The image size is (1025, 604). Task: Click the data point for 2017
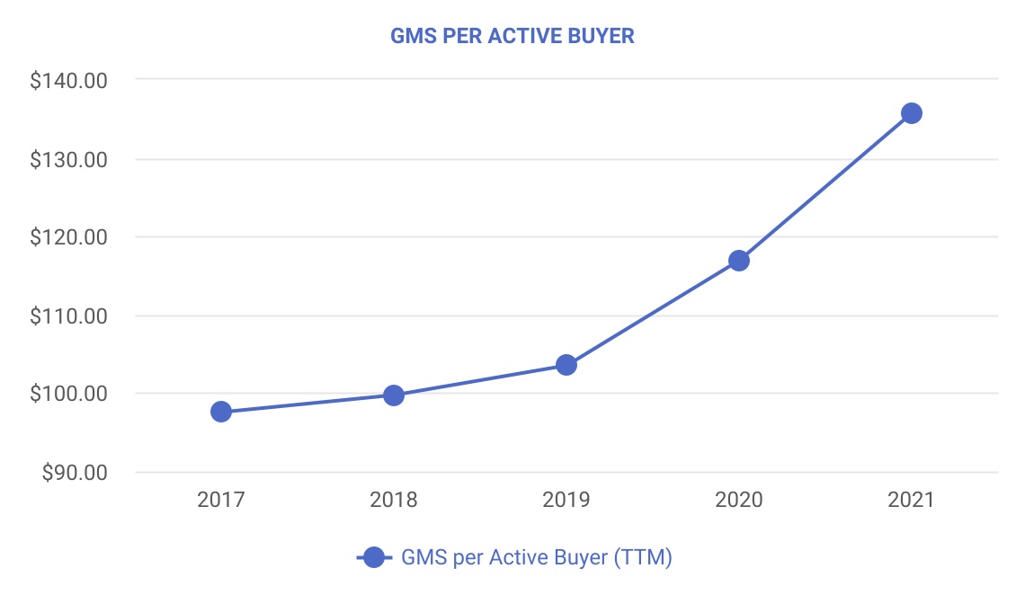point(221,412)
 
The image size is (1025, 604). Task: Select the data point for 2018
point(394,395)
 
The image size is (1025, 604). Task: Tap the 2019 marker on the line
point(566,365)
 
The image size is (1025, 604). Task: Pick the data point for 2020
point(739,261)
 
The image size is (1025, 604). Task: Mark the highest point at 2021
point(912,113)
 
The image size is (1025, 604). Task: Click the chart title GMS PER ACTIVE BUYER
point(512,37)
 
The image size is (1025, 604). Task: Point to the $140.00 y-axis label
point(69,81)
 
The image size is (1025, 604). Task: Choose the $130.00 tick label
point(69,160)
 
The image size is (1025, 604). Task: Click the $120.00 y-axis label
point(69,238)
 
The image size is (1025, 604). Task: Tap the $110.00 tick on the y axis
point(69,316)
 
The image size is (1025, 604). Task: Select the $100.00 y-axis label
point(69,395)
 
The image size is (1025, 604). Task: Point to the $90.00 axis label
point(74,473)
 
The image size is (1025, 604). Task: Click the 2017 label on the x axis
point(221,500)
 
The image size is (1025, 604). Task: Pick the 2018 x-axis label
point(394,500)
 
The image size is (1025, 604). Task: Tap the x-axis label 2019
point(566,500)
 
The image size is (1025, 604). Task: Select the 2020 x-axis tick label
point(739,500)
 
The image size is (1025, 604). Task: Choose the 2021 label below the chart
point(912,500)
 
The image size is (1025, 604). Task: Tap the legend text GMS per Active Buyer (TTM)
point(537,558)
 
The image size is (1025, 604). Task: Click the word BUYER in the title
point(604,37)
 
